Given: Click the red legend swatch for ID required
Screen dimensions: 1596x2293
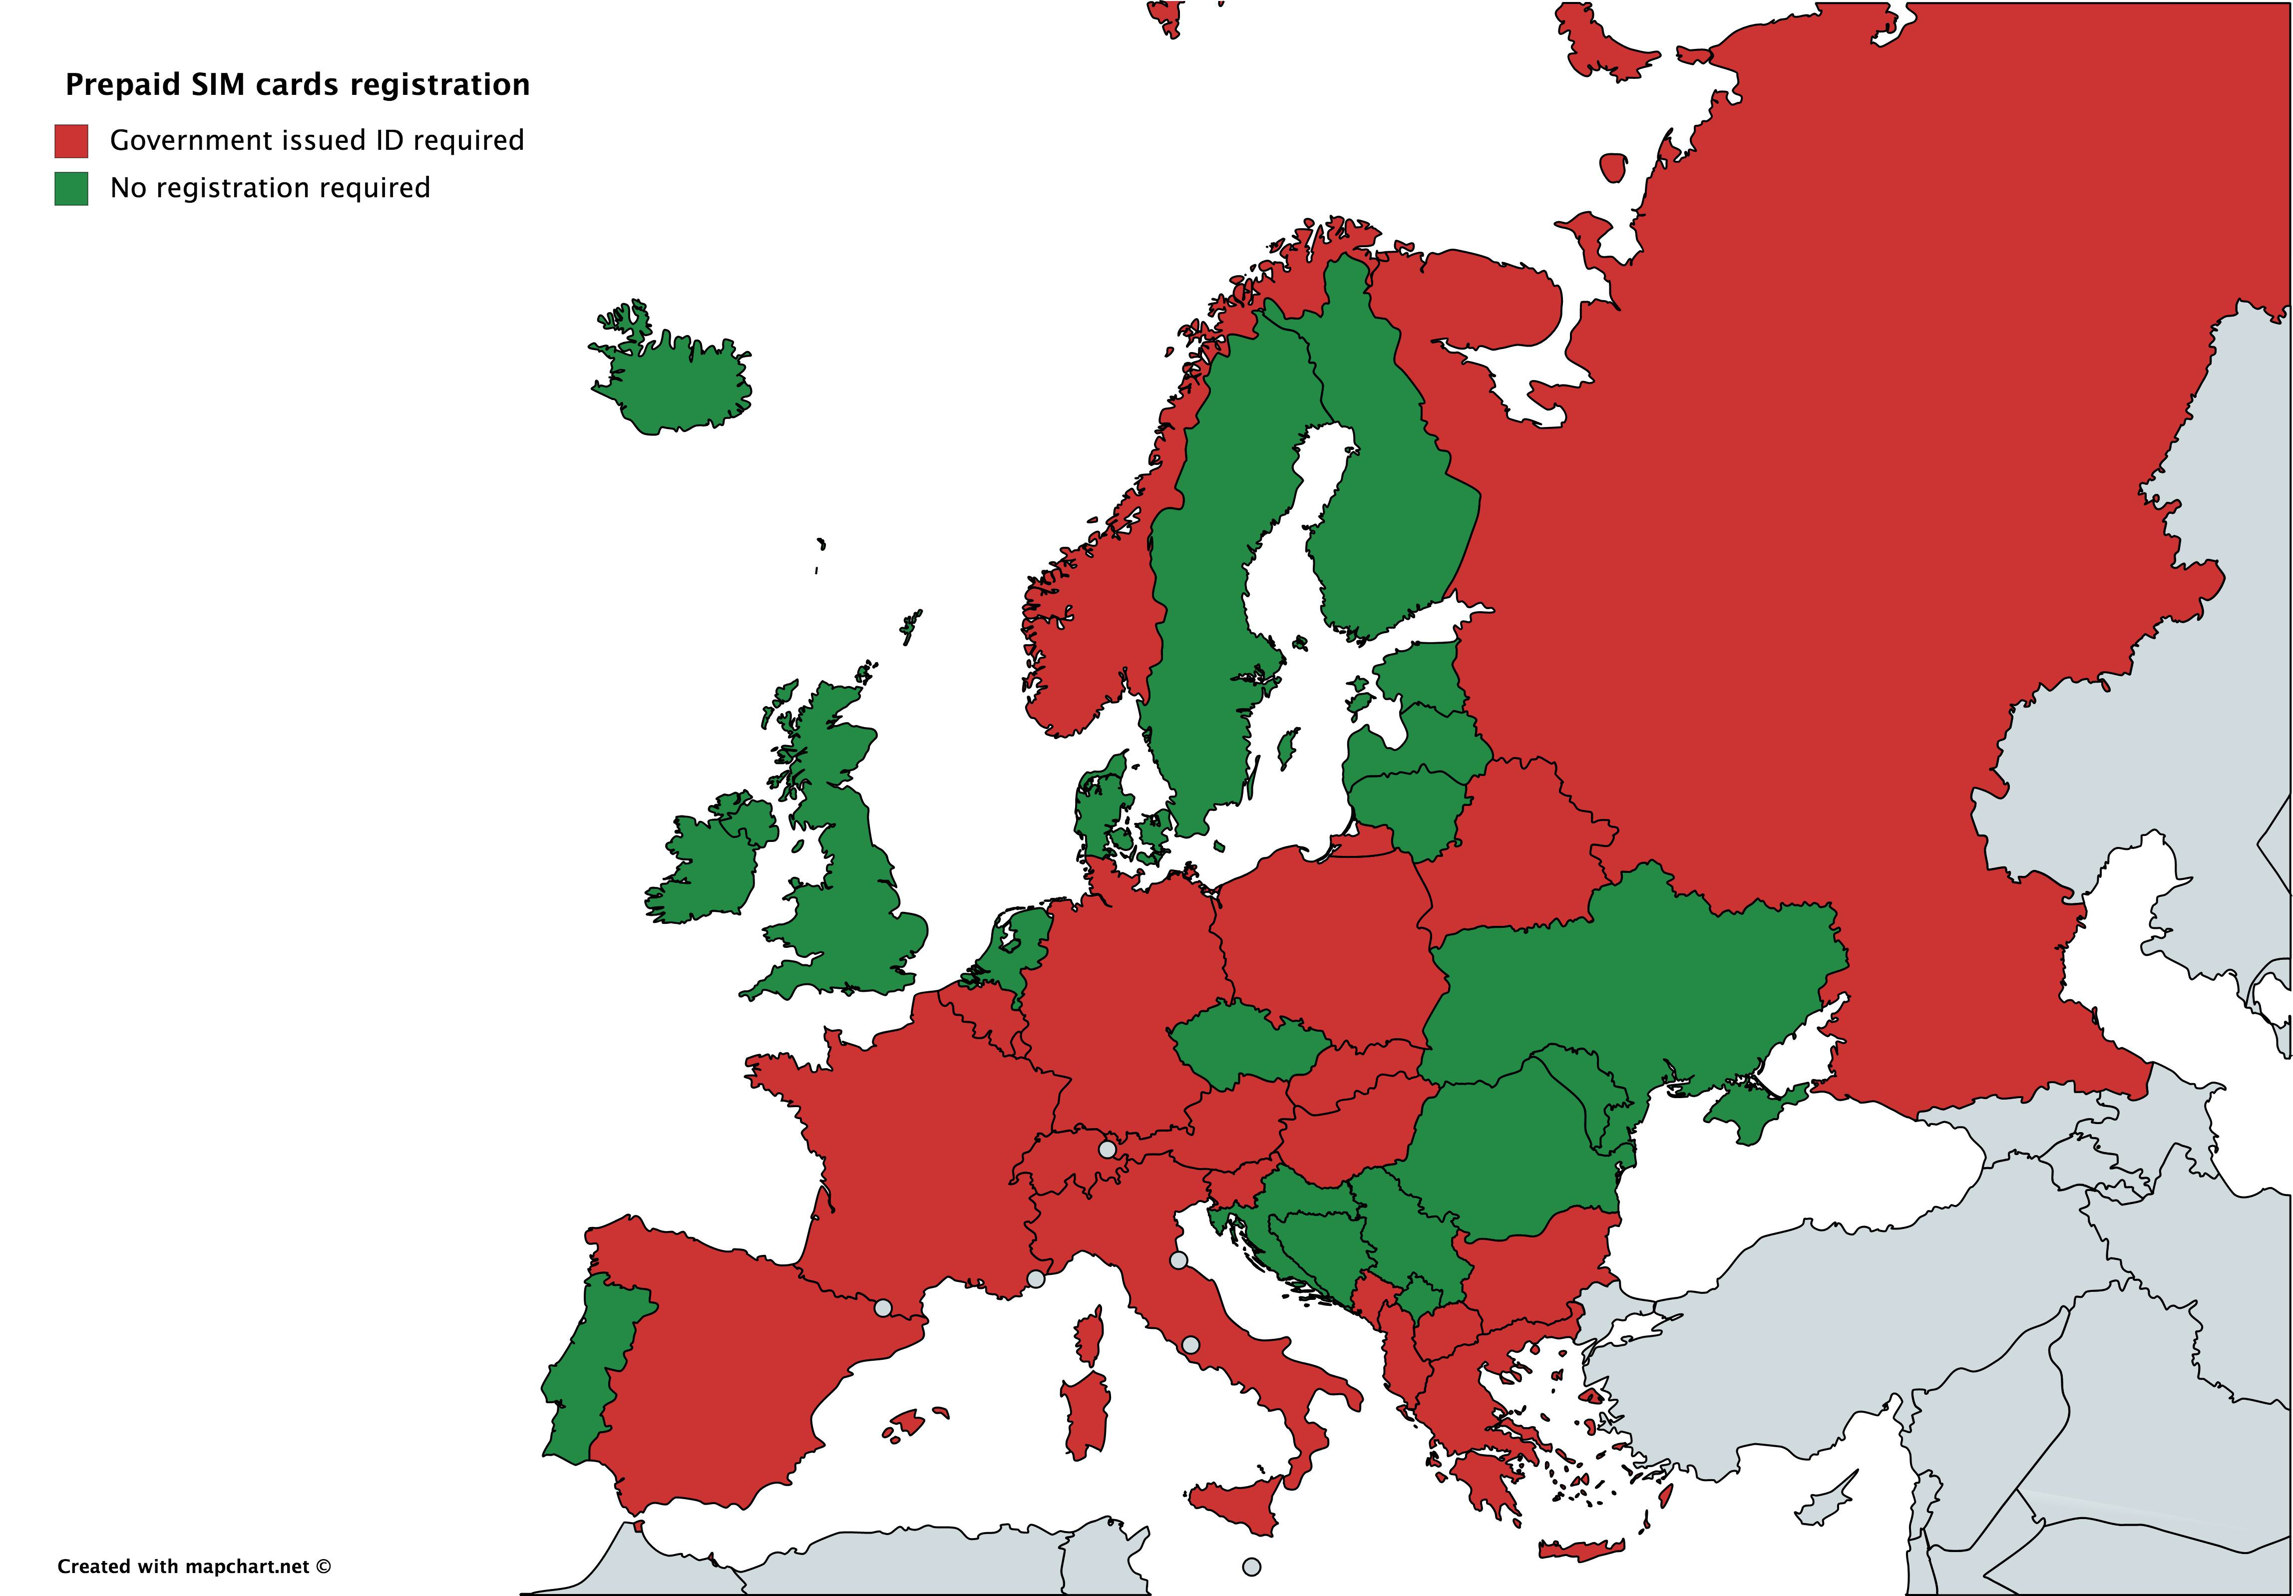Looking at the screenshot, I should pyautogui.click(x=71, y=141).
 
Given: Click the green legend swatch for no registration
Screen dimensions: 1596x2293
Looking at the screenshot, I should pyautogui.click(x=71, y=189).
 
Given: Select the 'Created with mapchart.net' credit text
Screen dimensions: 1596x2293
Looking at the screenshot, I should pyautogui.click(x=193, y=1566).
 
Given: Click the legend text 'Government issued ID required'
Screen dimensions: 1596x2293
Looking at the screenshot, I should pyautogui.click(x=317, y=141).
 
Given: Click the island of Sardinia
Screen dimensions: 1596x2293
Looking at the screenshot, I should pyautogui.click(x=1086, y=1413).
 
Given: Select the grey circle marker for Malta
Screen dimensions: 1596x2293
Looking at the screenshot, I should pyautogui.click(x=1251, y=1567).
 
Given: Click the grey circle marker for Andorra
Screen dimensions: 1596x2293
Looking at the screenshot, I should pyautogui.click(x=883, y=1307).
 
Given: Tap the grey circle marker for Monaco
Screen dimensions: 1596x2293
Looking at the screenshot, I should pyautogui.click(x=1036, y=1278).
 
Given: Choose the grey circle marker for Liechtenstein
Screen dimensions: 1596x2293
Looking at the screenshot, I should pyautogui.click(x=1107, y=1150).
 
